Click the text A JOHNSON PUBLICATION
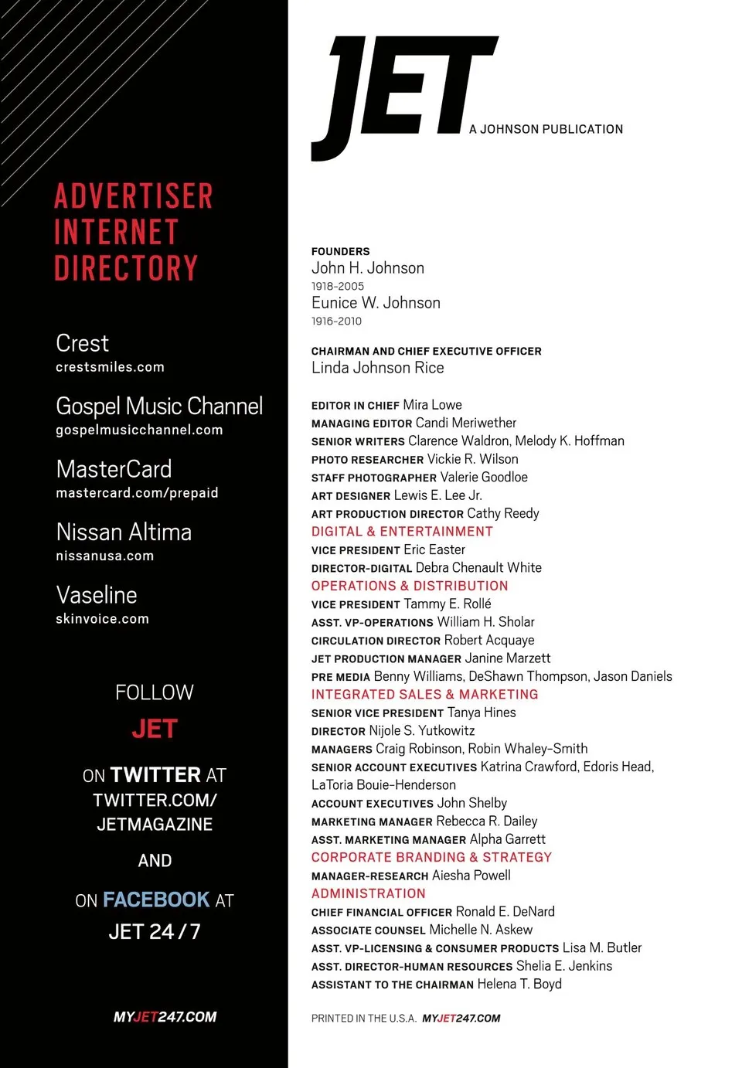click(x=546, y=129)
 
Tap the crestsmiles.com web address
click(x=110, y=367)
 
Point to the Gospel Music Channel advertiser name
click(x=159, y=406)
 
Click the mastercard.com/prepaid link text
click(x=137, y=493)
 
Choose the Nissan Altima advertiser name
click(x=124, y=532)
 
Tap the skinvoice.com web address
click(x=102, y=619)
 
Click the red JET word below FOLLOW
click(x=155, y=729)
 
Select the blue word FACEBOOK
click(x=156, y=900)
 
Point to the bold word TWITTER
click(x=155, y=775)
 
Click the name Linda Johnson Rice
click(x=377, y=368)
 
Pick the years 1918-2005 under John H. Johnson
click(x=337, y=286)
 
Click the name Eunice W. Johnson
click(x=376, y=303)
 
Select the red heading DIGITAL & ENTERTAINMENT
click(x=402, y=532)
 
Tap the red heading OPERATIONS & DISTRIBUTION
click(x=410, y=586)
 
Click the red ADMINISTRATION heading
click(x=368, y=893)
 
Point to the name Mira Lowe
click(x=432, y=405)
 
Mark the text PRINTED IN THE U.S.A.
click(x=363, y=1019)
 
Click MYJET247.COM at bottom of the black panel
click(x=165, y=1017)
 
